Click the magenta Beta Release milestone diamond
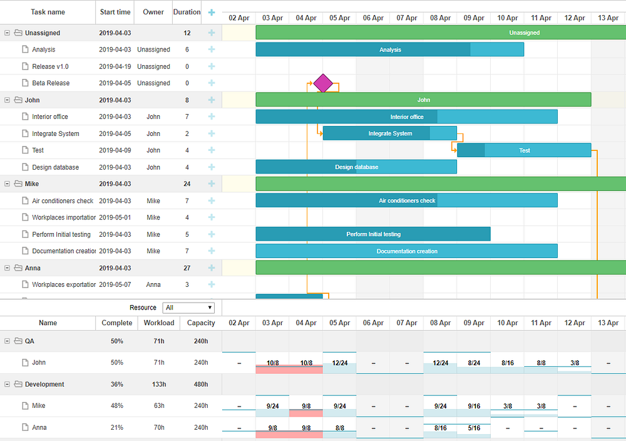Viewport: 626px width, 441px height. (323, 83)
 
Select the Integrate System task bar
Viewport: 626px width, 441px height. (389, 133)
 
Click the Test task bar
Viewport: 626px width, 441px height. (524, 150)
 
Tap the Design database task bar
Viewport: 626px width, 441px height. (356, 167)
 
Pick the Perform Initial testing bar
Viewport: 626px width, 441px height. (373, 234)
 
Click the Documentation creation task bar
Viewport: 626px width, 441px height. (406, 251)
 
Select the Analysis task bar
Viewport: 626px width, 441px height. (389, 49)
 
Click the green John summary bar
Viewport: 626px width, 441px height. (423, 100)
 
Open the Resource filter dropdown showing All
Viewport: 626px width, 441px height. (188, 308)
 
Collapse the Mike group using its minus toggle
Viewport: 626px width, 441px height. (7, 184)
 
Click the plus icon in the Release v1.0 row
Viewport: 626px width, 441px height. (212, 66)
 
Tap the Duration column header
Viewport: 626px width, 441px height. (187, 12)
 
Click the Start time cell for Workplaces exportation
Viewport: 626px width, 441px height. (115, 284)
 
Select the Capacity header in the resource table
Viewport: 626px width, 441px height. (201, 323)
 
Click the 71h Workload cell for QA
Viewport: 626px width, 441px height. (159, 341)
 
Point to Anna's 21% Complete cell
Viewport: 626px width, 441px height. (117, 427)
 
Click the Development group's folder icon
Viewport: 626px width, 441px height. (18, 384)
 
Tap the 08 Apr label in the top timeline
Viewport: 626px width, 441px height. (440, 18)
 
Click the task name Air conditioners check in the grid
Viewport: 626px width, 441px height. (63, 200)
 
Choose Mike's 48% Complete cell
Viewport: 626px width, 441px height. (117, 405)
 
